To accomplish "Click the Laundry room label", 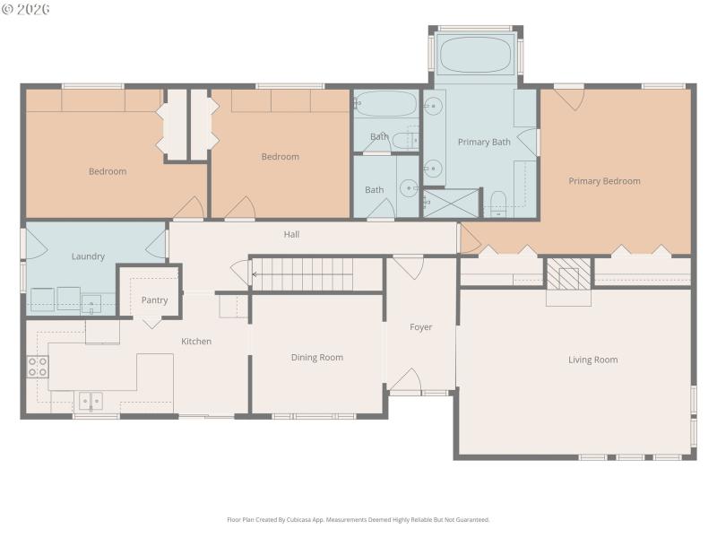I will point(88,256).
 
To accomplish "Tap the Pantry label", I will point(154,300).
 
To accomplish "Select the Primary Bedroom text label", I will point(604,181).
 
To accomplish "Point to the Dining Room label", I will point(317,358).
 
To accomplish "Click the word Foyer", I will point(421,327).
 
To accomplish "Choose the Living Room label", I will point(593,360).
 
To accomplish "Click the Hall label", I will point(291,235).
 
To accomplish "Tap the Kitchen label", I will point(196,342).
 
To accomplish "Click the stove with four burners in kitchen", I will point(38,366).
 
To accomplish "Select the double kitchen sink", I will point(90,401).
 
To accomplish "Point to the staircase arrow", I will point(257,274).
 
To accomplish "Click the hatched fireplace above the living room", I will point(569,273).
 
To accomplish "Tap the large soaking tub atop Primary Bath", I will point(475,55).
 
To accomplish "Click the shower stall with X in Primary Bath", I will point(451,204).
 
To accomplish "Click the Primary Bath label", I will point(483,143).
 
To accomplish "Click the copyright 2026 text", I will point(26,9).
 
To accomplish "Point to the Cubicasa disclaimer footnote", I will point(358,520).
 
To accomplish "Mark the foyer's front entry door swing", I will point(406,380).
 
